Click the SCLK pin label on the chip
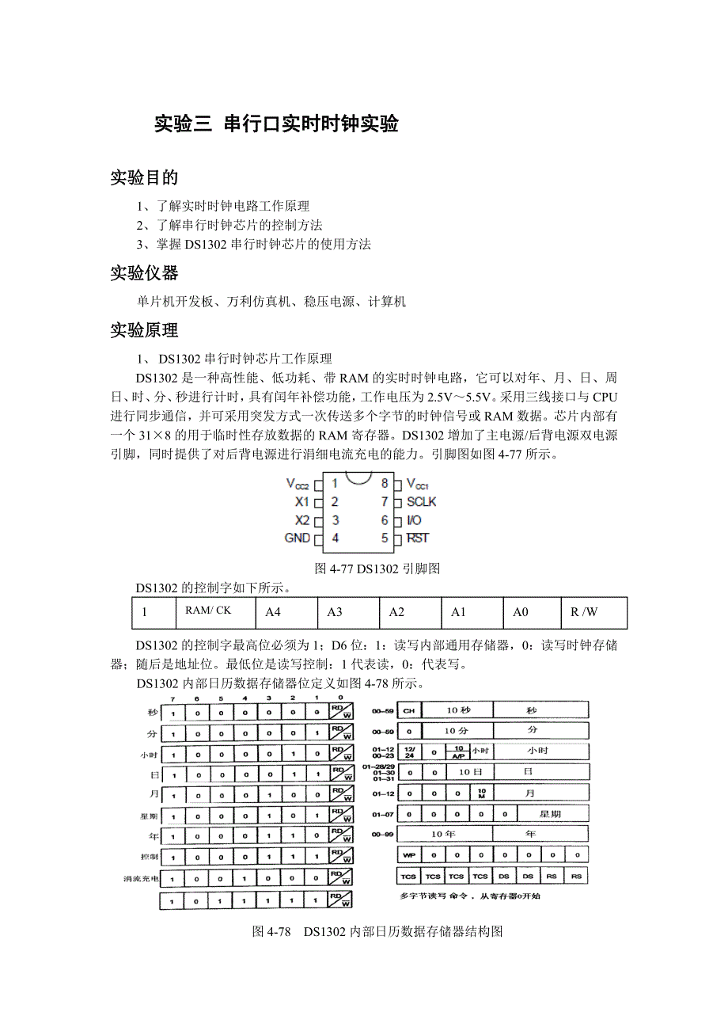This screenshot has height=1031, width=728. coord(421,501)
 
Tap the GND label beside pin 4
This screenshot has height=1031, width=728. coord(297,538)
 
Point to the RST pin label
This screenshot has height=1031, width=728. coord(417,538)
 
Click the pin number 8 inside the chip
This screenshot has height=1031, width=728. coord(385,483)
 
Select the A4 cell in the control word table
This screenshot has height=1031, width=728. coord(273,612)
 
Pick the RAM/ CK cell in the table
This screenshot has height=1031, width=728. coord(208,611)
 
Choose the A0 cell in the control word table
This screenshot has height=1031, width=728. coord(520,612)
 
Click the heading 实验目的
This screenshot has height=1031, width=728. coord(144,177)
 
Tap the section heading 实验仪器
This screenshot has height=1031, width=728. coord(144,273)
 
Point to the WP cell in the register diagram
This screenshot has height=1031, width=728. coord(408,855)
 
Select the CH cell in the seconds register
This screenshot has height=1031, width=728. coord(408,710)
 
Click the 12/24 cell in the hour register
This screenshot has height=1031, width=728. coord(408,750)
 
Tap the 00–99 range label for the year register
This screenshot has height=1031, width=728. coord(382,834)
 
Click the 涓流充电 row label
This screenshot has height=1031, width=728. coord(141,879)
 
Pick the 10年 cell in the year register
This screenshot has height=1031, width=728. coord(444,834)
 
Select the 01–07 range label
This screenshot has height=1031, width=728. coord(382,813)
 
